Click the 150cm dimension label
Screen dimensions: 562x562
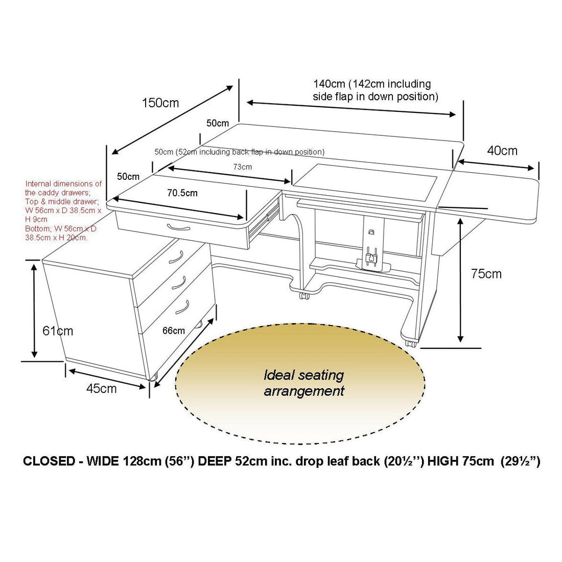tap(160, 103)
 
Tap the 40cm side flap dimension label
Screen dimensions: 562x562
tap(502, 151)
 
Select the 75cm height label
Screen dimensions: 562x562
tap(486, 274)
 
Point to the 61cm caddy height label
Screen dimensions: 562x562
tap(58, 331)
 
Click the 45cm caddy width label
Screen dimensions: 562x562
tap(102, 388)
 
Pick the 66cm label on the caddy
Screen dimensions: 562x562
tap(174, 331)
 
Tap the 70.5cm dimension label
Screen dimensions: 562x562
tap(182, 193)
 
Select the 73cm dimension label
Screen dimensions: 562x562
tap(242, 167)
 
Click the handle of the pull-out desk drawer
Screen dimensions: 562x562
tap(178, 227)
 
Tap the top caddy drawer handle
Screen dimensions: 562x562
tap(176, 256)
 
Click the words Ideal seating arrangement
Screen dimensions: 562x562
tap(304, 383)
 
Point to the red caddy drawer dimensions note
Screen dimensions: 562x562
tap(63, 210)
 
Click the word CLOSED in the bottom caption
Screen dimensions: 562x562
tap(50, 461)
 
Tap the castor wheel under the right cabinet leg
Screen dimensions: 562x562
tap(411, 343)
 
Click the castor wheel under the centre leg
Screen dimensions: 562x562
tap(305, 296)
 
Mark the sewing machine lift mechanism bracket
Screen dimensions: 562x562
tap(372, 247)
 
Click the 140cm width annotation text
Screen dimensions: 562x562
tap(376, 90)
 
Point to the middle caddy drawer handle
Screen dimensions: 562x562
tap(179, 283)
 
